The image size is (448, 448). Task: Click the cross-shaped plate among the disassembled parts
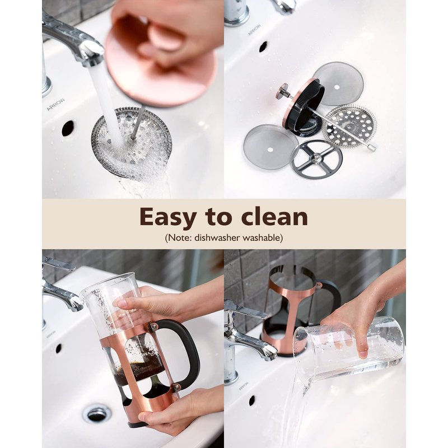click(x=316, y=158)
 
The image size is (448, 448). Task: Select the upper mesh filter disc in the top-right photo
click(x=338, y=83)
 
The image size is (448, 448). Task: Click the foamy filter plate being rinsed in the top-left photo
click(x=132, y=142)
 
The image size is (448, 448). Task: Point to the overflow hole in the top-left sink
click(x=68, y=129)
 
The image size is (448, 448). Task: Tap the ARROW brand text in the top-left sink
click(x=55, y=104)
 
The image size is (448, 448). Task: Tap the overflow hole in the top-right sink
click(x=263, y=46)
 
